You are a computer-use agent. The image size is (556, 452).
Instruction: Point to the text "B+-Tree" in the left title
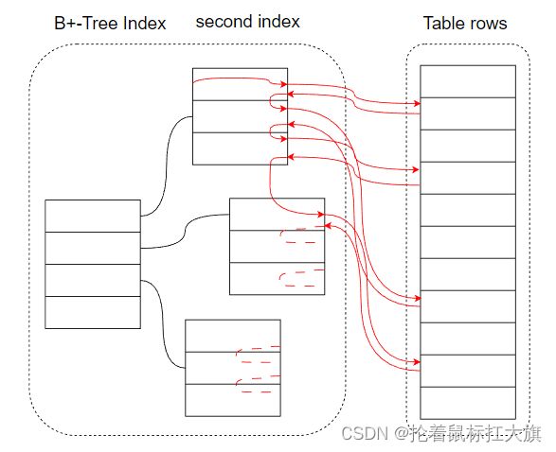tap(86, 24)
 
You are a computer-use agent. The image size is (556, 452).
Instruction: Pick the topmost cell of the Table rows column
tap(468, 81)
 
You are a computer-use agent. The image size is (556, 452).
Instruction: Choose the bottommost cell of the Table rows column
tap(468, 403)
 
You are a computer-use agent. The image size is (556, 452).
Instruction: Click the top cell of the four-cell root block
tap(93, 216)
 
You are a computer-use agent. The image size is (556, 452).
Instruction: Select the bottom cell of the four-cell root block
tap(93, 312)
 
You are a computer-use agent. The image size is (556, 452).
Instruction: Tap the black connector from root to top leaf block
tap(167, 166)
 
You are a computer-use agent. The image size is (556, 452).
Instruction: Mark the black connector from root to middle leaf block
tap(185, 232)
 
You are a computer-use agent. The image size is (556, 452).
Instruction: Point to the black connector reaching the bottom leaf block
tap(163, 323)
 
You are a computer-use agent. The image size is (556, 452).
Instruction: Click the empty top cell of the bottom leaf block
tap(233, 336)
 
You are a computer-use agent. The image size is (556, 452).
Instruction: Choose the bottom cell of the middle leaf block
tap(277, 278)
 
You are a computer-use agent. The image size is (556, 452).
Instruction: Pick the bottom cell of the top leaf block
tap(240, 148)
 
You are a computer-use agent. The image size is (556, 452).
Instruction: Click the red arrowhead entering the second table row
tap(417, 104)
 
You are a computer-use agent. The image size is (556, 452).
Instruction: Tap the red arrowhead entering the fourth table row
tap(416, 170)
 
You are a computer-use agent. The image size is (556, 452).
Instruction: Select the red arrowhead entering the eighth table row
tap(418, 299)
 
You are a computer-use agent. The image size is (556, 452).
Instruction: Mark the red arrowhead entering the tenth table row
tap(417, 362)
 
